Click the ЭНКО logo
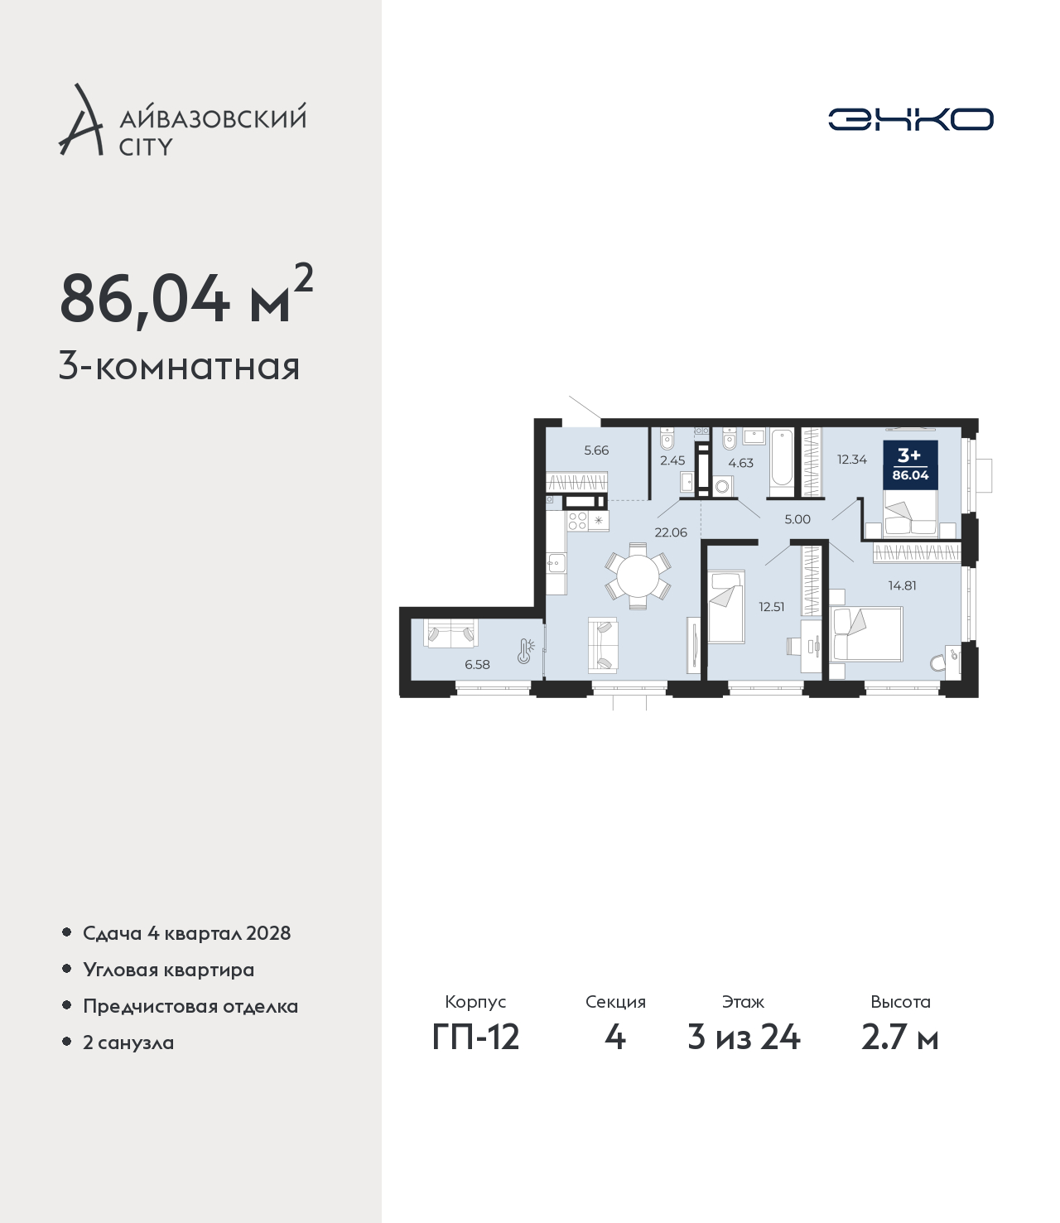point(910,119)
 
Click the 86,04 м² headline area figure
point(185,296)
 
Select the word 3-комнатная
point(180,368)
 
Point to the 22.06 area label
point(671,532)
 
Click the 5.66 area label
point(596,450)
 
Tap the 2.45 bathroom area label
point(672,460)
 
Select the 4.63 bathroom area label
point(740,463)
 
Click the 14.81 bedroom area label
point(902,585)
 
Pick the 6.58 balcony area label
point(477,664)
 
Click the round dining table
point(638,576)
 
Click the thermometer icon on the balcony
point(525,651)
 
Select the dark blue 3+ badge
point(910,465)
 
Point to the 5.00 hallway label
point(797,519)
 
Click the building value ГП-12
point(476,1038)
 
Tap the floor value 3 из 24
point(744,1038)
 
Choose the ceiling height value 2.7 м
point(899,1038)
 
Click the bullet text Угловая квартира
point(169,970)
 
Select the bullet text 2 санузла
point(128,1042)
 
